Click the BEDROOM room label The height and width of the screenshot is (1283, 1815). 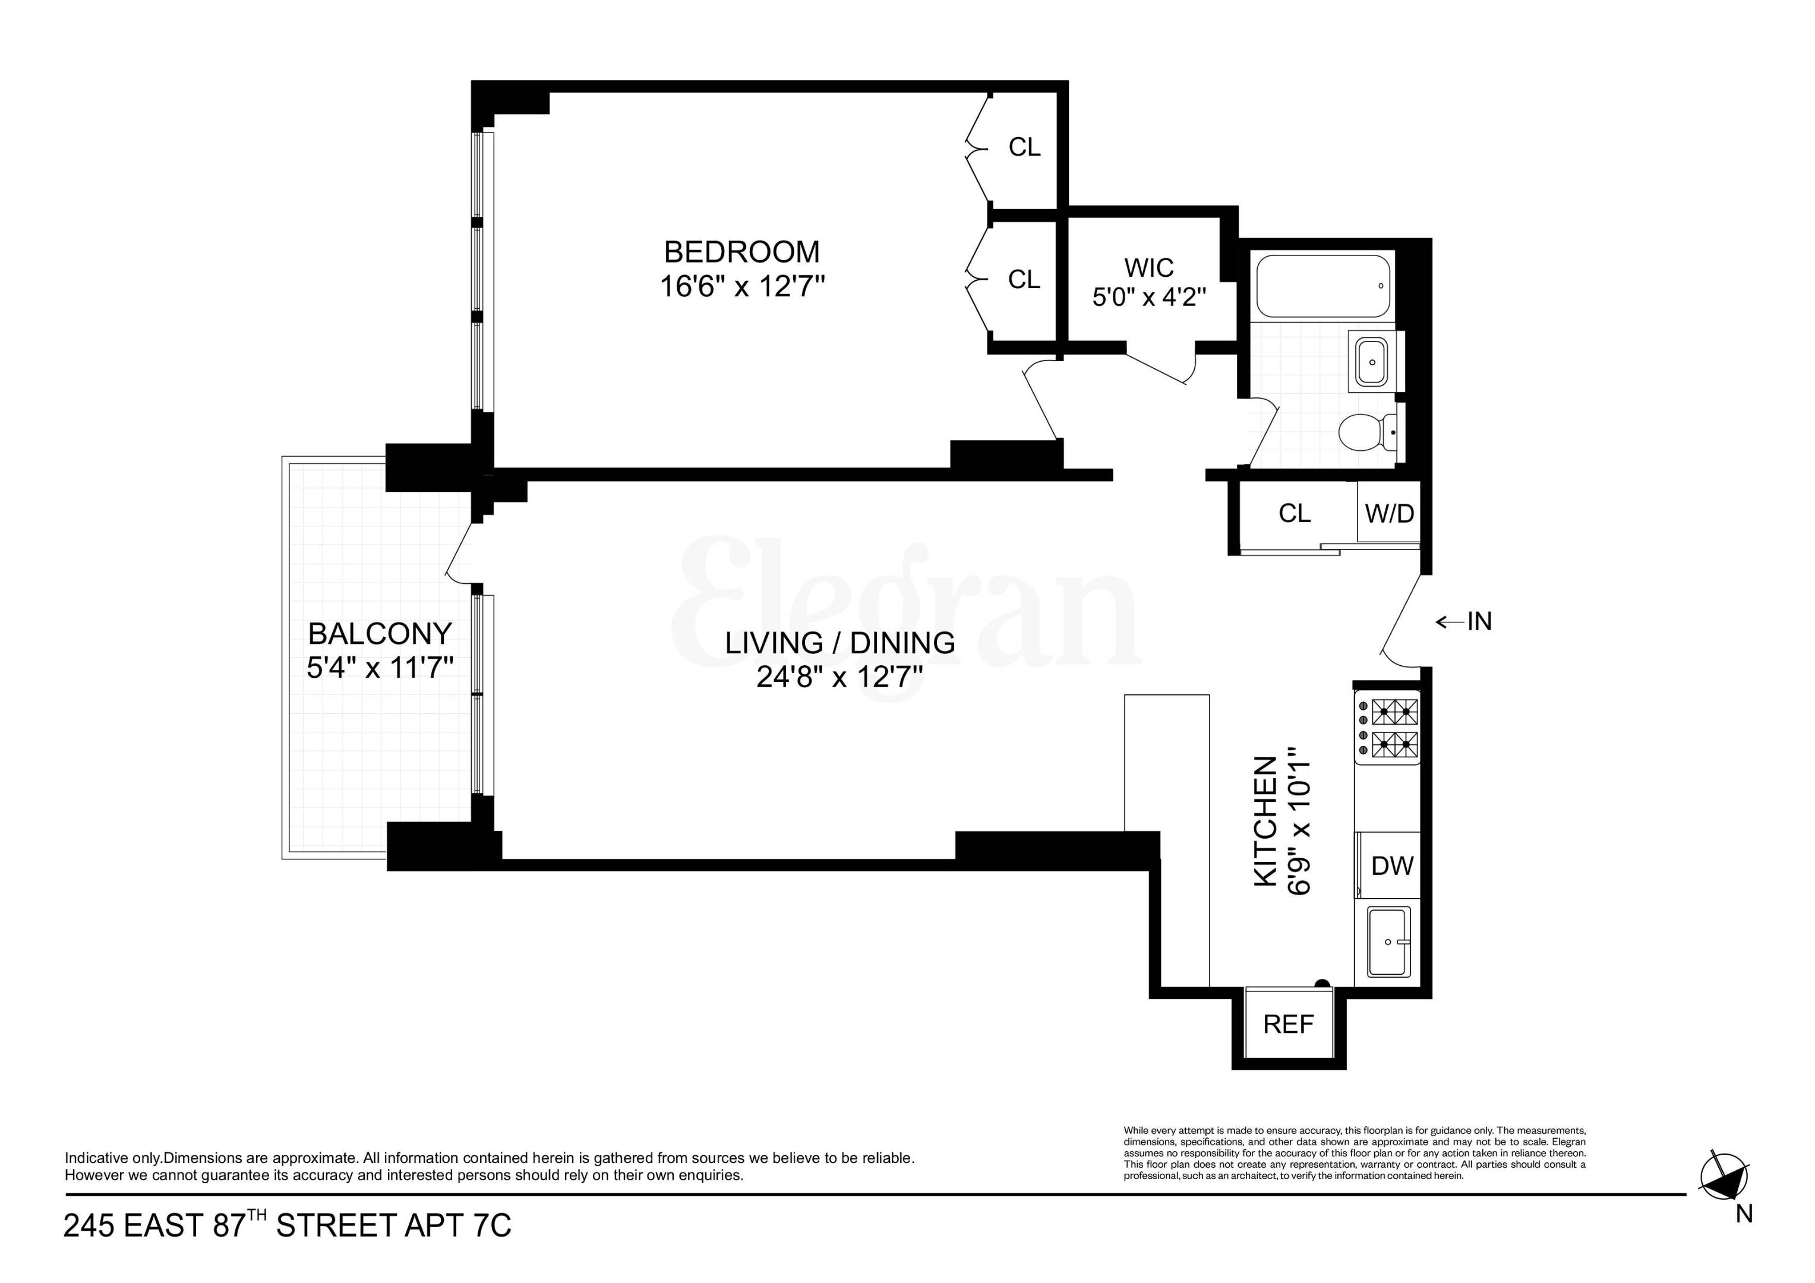741,252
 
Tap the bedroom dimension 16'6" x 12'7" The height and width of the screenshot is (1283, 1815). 741,286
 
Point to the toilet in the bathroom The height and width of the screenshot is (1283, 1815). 1365,432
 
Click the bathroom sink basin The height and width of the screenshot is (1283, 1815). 1372,362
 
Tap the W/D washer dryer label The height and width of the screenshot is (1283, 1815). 1389,513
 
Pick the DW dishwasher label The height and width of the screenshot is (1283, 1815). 1392,865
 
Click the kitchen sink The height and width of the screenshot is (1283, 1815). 1388,941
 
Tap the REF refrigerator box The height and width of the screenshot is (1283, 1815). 1289,1023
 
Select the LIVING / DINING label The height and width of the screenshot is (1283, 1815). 839,643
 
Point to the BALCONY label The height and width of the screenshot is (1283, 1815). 380,634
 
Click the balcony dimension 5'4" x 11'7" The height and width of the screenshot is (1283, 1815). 380,669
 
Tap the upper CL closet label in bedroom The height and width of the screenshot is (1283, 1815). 1024,147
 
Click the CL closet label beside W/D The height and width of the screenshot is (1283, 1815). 1294,513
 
